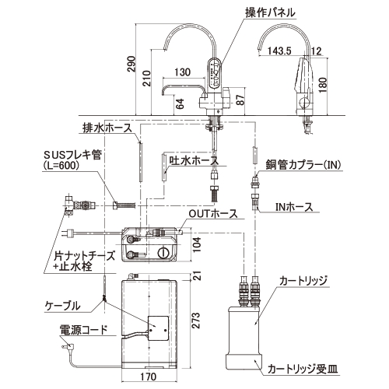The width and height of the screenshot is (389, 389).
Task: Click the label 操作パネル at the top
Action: tap(270, 12)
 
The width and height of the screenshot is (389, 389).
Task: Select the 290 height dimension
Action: tap(131, 64)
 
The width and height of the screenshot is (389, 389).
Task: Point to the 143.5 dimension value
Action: tap(279, 51)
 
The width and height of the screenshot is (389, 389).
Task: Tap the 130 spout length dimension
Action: tap(182, 72)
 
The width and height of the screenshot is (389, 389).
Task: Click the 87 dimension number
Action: tap(240, 100)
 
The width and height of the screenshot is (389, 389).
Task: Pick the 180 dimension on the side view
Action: tap(322, 85)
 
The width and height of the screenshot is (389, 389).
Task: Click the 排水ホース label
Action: tap(107, 128)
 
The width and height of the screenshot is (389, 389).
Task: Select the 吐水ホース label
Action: tap(194, 160)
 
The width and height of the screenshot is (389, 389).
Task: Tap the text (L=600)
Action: tap(61, 165)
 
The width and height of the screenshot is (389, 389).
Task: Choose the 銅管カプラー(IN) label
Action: tap(303, 164)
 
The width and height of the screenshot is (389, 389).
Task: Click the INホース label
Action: tap(294, 207)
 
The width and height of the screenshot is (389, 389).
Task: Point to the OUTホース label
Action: tap(213, 214)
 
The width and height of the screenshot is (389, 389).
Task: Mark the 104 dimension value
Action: tap(197, 244)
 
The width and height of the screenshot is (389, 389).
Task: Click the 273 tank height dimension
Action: tap(197, 321)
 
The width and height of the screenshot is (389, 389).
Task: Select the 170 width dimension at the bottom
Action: tap(148, 377)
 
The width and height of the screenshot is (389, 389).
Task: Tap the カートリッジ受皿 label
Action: tap(303, 369)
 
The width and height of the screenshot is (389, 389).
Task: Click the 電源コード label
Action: tap(83, 330)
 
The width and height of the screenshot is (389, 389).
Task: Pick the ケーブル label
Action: tap(62, 306)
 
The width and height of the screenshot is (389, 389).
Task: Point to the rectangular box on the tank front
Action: tap(158, 328)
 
